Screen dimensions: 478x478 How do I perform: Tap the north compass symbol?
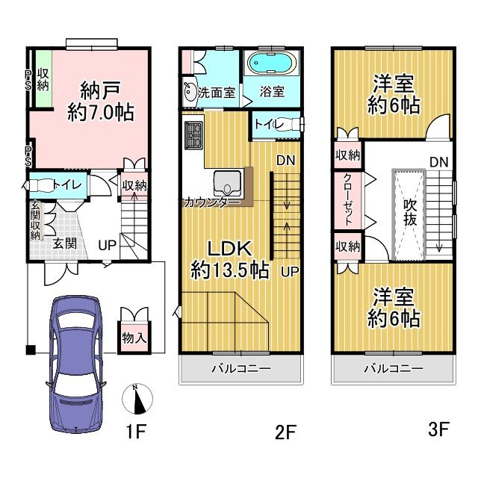coord(137,399)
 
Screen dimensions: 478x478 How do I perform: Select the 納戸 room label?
coord(101,90)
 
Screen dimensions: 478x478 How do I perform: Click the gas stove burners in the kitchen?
coord(193,135)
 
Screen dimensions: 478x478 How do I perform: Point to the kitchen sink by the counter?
coord(228,184)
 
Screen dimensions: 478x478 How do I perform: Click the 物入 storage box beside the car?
coord(134,338)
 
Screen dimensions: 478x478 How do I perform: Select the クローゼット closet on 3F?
coord(348,200)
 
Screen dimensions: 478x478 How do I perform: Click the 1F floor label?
coord(136,431)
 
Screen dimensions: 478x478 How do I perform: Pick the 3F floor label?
coord(438,429)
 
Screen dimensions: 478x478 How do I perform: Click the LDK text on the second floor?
coord(230,249)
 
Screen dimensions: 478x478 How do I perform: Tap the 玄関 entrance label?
coord(65,243)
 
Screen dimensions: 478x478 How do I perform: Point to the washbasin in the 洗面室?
coord(190,91)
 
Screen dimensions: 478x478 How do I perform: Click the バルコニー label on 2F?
coord(241,369)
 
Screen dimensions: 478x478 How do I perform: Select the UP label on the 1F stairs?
coord(107,245)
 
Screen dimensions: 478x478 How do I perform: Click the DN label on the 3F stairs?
coord(439,162)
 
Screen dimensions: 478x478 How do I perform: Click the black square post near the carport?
coord(31,350)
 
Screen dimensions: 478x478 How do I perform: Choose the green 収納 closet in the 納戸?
coord(43,78)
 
